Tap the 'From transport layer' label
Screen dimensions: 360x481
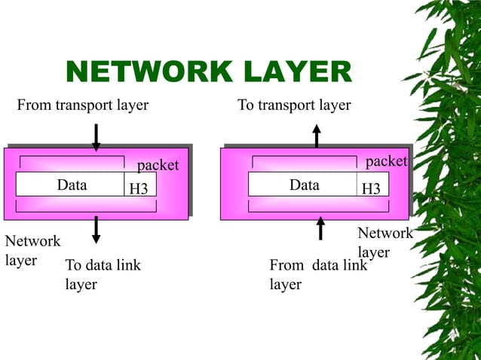click(x=83, y=105)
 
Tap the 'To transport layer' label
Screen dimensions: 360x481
click(x=294, y=105)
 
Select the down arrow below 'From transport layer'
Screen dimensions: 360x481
click(x=96, y=137)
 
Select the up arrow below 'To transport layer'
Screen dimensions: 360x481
click(x=317, y=136)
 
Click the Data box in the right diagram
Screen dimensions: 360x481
click(x=303, y=185)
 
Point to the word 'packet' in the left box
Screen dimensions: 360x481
click(x=158, y=164)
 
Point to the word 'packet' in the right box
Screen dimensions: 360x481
click(x=386, y=162)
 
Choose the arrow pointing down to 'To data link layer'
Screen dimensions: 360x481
click(x=96, y=230)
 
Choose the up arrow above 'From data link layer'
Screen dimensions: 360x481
click(x=320, y=227)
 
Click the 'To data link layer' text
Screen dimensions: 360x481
click(x=103, y=274)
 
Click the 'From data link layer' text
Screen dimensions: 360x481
click(x=317, y=274)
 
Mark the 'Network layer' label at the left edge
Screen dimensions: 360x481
click(x=32, y=250)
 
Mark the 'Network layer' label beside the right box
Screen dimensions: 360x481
click(x=384, y=242)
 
